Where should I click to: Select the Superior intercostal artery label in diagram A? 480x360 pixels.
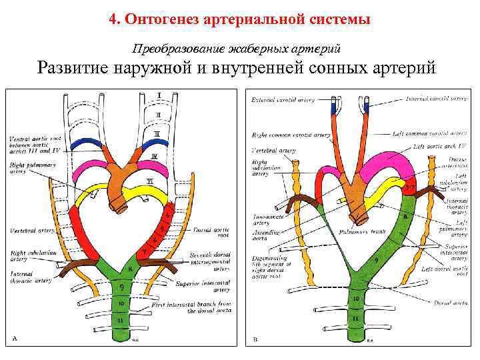coord(211,286)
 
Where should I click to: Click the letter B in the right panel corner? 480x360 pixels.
coord(255,338)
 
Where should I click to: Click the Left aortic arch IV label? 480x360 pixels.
coord(437,146)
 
